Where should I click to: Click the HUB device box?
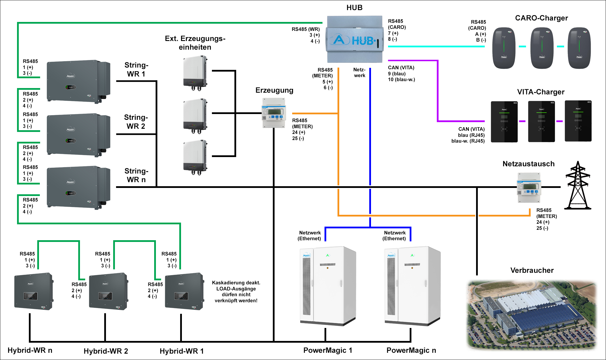click(x=355, y=39)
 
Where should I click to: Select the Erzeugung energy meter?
click(x=274, y=113)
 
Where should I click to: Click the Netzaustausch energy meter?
click(x=529, y=188)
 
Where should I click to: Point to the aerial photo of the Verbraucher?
click(x=532, y=315)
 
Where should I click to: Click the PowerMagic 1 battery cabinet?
click(x=328, y=286)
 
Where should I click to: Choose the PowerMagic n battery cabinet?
click(x=412, y=286)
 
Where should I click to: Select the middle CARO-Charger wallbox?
click(x=542, y=48)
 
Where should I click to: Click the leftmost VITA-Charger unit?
click(x=504, y=122)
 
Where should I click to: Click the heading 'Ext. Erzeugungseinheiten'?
click(x=195, y=43)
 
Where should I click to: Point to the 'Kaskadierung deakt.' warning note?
click(x=236, y=292)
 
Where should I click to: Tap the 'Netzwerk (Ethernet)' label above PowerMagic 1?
click(x=309, y=236)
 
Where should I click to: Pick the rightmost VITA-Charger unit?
click(x=578, y=121)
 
